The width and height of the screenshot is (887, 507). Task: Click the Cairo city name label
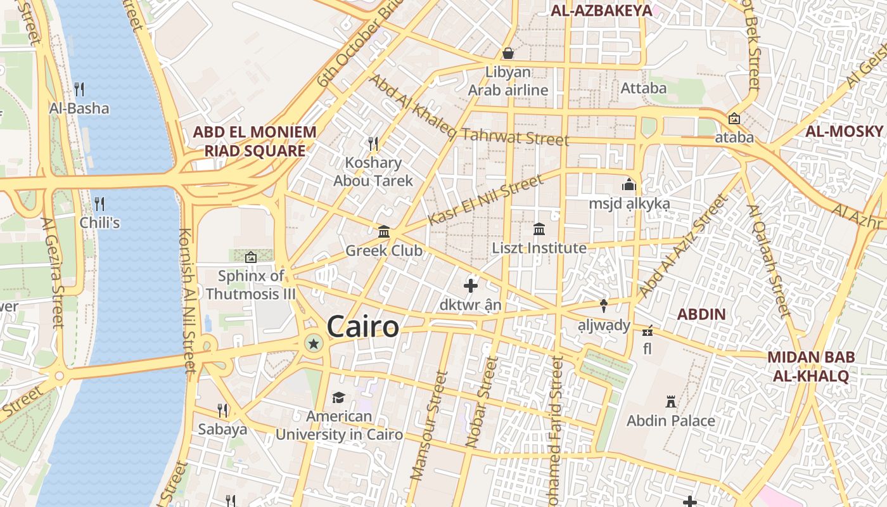[x=363, y=327]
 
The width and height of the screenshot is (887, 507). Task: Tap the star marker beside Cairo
[x=313, y=343]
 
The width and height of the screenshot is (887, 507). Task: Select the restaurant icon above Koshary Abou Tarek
[x=373, y=144]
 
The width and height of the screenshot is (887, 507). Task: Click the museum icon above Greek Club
[x=384, y=231]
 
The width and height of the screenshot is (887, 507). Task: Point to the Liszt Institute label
[x=539, y=248]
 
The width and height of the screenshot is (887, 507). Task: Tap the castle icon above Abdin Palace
[x=671, y=401]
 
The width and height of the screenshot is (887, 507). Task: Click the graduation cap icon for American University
[x=338, y=397]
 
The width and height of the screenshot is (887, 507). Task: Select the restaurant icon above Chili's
[x=99, y=203]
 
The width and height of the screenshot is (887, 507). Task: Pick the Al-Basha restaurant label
[x=79, y=108]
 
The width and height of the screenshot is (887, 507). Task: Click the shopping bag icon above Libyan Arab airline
[x=507, y=53]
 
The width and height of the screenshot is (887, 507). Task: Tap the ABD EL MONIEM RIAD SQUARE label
[x=254, y=141]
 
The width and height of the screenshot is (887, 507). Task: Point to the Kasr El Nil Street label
[x=485, y=200]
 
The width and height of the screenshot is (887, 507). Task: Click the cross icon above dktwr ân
[x=471, y=286]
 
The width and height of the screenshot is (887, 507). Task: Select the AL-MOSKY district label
[x=844, y=131]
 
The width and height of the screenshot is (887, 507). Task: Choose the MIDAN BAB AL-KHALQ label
[x=811, y=366]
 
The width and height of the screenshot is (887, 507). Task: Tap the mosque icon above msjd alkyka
[x=629, y=184]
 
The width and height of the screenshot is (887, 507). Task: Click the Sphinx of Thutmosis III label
[x=251, y=285]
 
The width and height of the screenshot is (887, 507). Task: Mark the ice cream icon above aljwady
[x=604, y=306]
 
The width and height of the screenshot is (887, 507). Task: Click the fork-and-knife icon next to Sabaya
[x=222, y=410]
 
